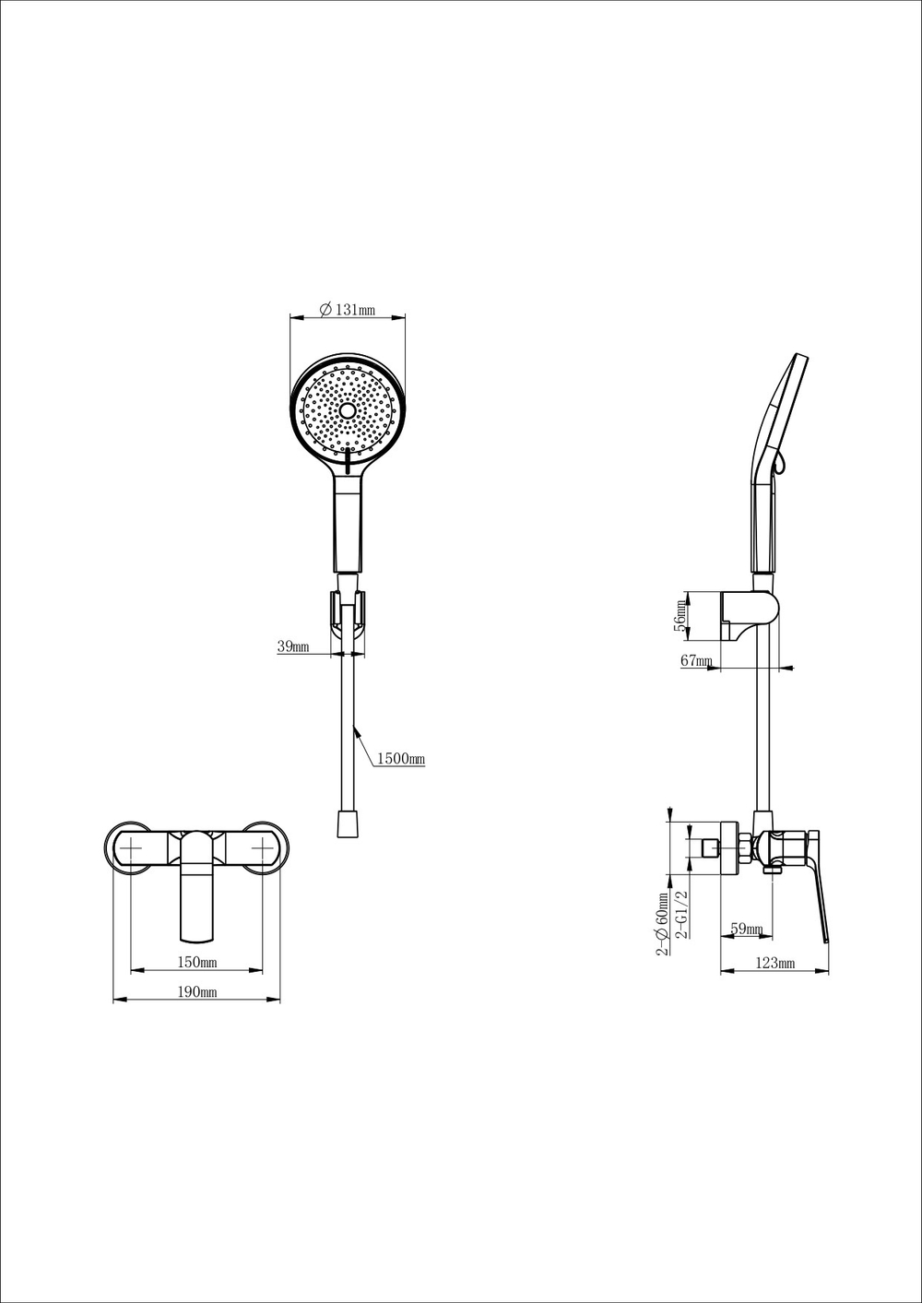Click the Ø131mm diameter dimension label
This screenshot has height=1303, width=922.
click(x=347, y=311)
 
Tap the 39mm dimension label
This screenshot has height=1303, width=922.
click(x=293, y=647)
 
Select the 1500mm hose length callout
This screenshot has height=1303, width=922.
click(x=400, y=759)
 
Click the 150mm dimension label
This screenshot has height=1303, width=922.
click(x=196, y=963)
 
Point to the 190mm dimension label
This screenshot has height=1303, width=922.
click(x=196, y=992)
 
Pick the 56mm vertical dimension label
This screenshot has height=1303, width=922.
click(x=681, y=615)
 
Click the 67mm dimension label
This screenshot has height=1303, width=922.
click(x=696, y=661)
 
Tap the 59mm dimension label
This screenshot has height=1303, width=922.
click(x=746, y=929)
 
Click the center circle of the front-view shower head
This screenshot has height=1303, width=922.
click(x=348, y=409)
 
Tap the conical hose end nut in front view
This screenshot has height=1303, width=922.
click(x=347, y=823)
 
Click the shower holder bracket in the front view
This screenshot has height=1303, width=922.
click(x=347, y=611)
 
